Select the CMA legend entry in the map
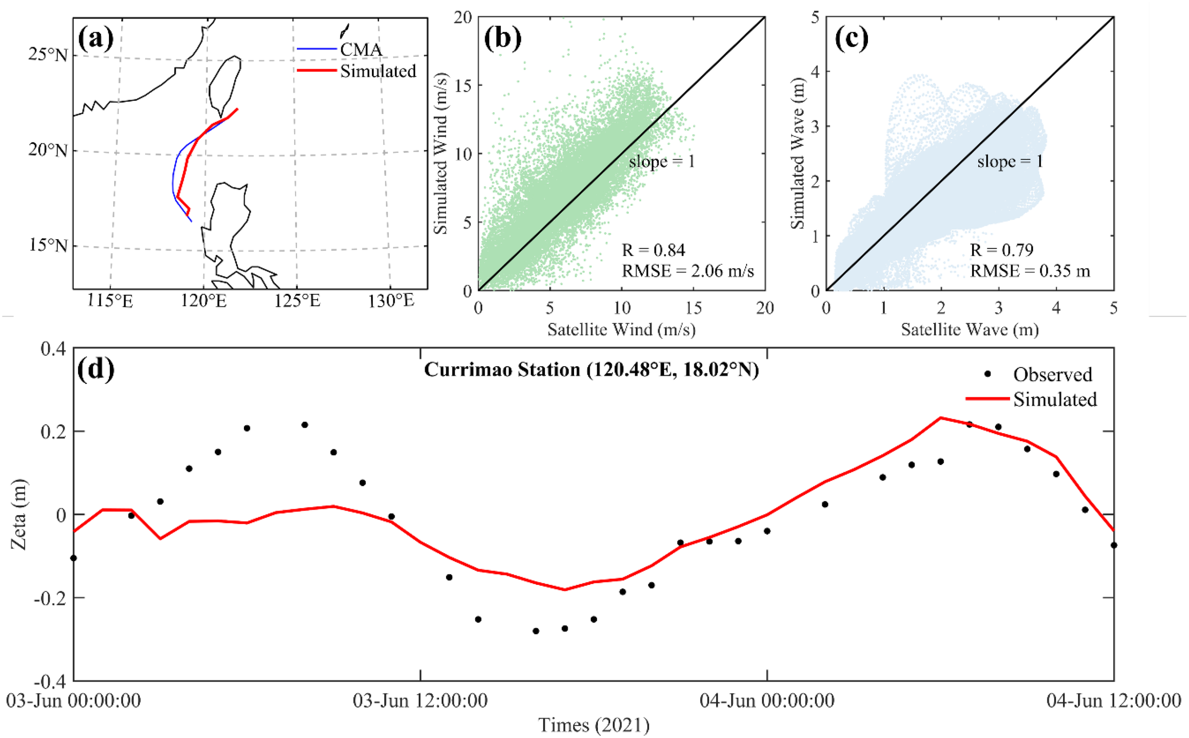click(361, 49)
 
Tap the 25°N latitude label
click(48, 55)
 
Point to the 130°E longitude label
click(390, 301)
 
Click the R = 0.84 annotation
click(653, 251)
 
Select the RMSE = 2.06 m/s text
click(687, 271)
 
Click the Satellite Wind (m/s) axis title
click(621, 330)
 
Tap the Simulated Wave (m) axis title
click(797, 153)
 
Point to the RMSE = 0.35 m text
click(1030, 271)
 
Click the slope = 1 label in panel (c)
click(1010, 162)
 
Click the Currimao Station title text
click(591, 369)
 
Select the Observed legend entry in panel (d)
click(1052, 375)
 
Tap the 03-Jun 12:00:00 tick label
click(420, 701)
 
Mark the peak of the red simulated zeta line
click(941, 418)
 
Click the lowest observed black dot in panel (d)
click(536, 631)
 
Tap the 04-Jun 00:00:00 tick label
click(767, 701)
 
